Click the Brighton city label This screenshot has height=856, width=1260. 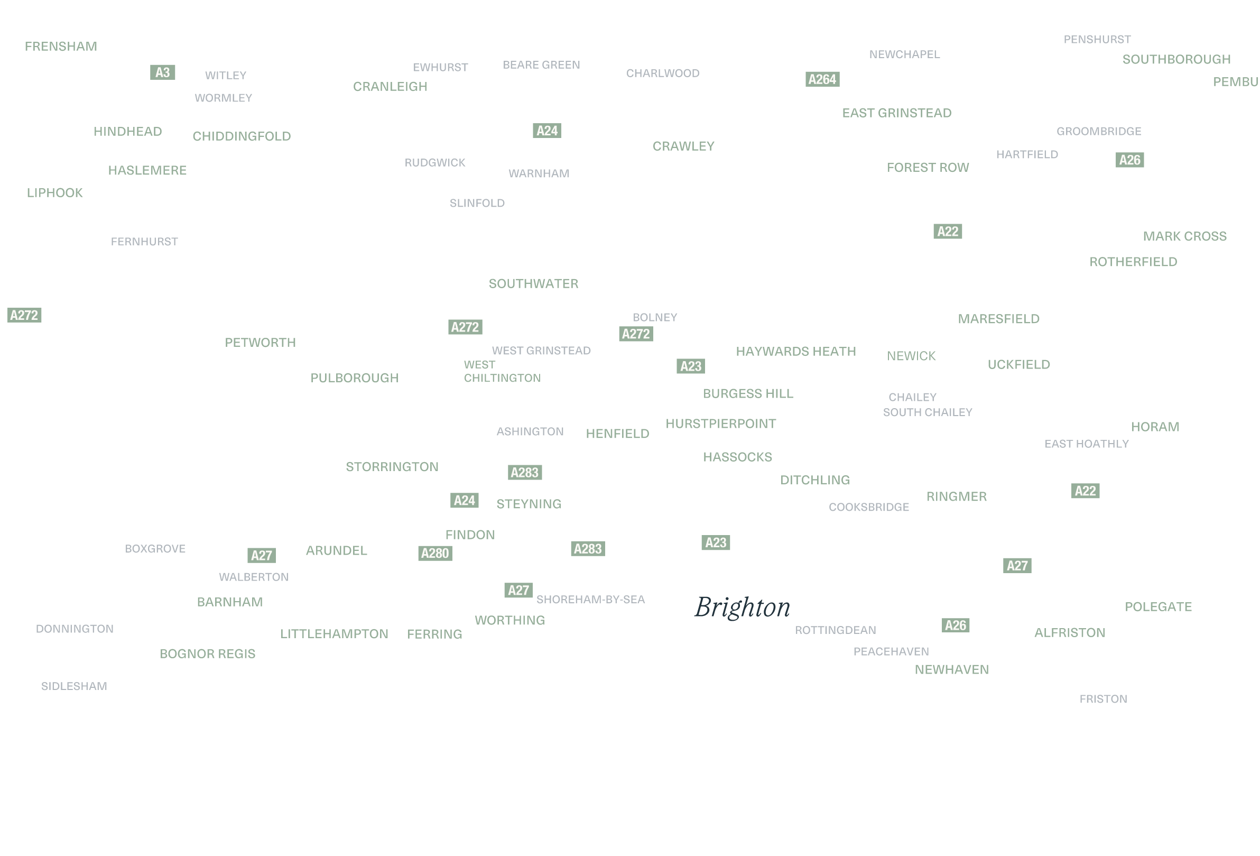pyautogui.click(x=743, y=608)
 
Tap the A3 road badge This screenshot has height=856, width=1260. pyautogui.click(x=163, y=72)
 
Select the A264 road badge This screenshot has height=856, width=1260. pyautogui.click(x=822, y=80)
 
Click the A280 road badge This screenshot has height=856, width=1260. pyautogui.click(x=436, y=554)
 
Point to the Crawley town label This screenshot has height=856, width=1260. pyautogui.click(x=684, y=146)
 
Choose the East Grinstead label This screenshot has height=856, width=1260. pyautogui.click(x=897, y=113)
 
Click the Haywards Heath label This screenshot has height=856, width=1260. pyautogui.click(x=796, y=352)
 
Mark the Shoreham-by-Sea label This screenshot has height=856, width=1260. pyautogui.click(x=591, y=600)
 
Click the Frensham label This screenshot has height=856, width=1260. pyautogui.click(x=61, y=47)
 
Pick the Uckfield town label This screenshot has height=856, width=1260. pyautogui.click(x=1020, y=365)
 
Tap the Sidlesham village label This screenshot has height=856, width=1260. pyautogui.click(x=75, y=687)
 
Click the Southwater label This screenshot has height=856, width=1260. pyautogui.click(x=534, y=284)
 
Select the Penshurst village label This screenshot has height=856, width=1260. pyautogui.click(x=1098, y=40)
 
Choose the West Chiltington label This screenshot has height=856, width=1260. pyautogui.click(x=503, y=372)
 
